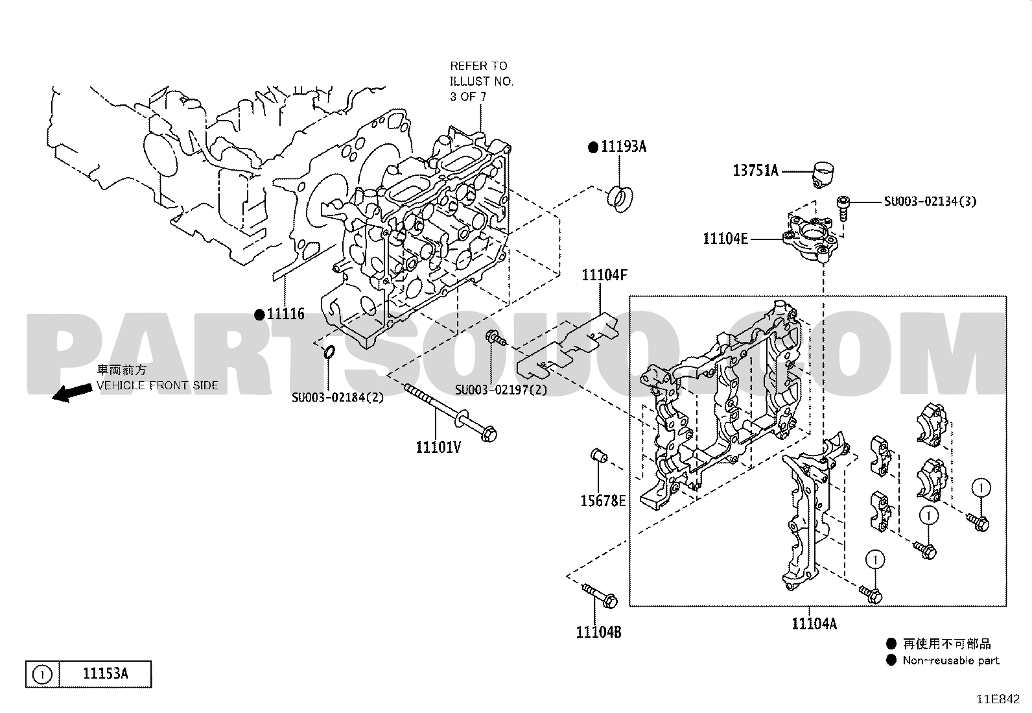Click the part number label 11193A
(x=624, y=147)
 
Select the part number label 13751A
(x=756, y=171)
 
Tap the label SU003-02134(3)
(x=930, y=202)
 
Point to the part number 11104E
(x=725, y=239)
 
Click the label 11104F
(x=604, y=275)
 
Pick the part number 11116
(x=286, y=314)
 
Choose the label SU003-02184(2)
(x=338, y=397)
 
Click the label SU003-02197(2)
(x=501, y=390)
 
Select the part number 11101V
(x=438, y=447)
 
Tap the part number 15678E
(x=603, y=500)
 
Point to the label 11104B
(x=598, y=632)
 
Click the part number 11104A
(x=814, y=623)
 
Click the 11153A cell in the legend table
(x=105, y=674)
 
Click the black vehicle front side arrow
(x=71, y=393)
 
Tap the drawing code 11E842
(x=998, y=699)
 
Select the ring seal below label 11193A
(x=620, y=199)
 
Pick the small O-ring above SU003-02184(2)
(x=329, y=352)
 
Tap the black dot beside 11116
(x=259, y=315)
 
